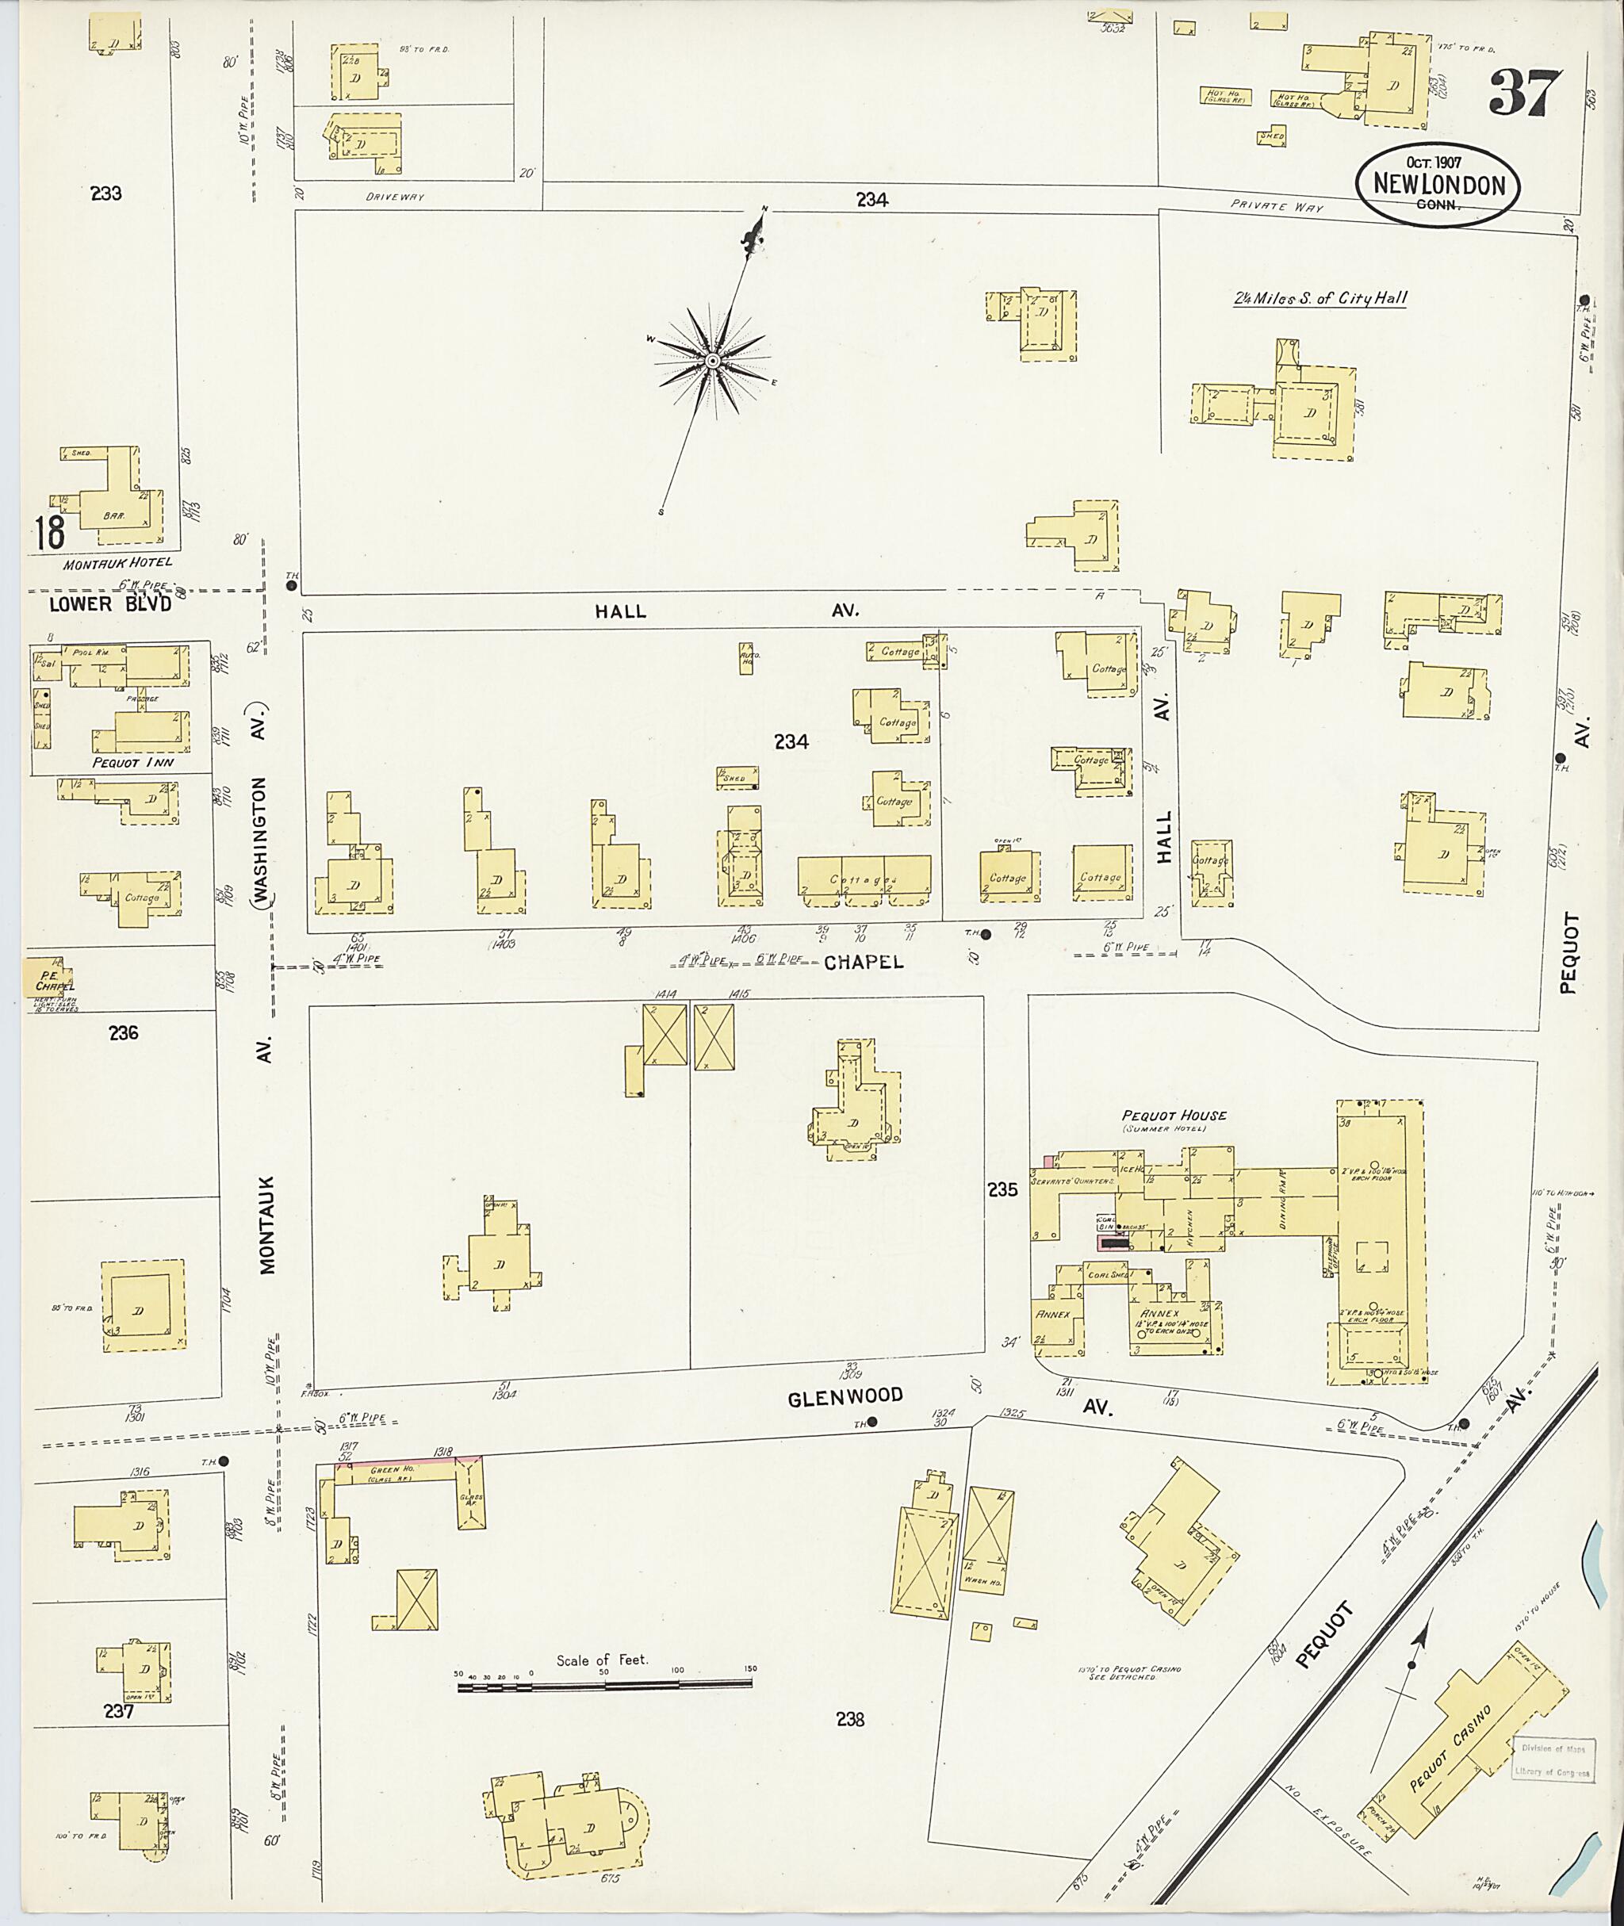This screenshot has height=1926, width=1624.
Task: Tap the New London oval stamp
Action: (1438, 184)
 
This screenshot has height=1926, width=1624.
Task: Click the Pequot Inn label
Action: (132, 762)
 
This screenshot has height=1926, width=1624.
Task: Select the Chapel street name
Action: (864, 962)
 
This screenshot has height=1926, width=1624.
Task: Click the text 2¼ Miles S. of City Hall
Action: (1319, 298)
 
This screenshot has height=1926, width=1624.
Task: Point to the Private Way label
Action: (1276, 207)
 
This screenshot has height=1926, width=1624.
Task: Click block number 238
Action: (850, 1719)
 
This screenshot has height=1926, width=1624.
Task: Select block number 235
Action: (1002, 1190)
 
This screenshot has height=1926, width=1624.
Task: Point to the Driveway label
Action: (394, 197)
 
